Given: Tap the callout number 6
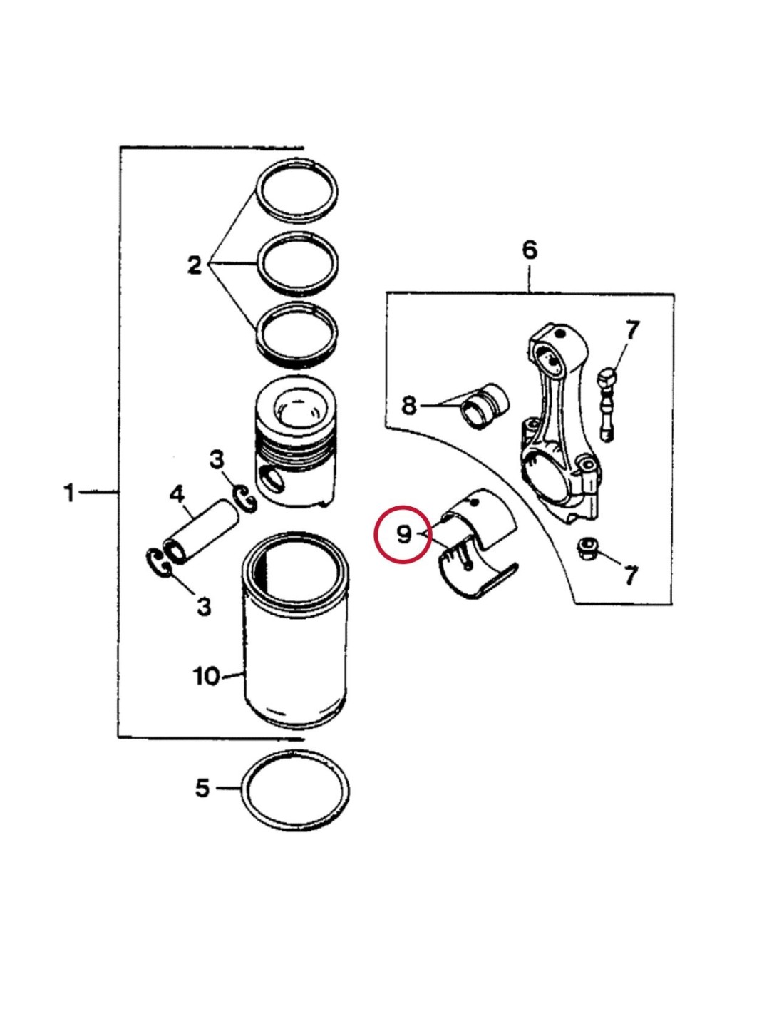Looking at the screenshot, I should point(529,250).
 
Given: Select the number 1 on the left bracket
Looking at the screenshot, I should point(69,492).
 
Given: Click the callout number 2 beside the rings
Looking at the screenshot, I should point(195,265).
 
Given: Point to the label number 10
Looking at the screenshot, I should point(207,675).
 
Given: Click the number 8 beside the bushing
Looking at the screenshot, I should point(408,406).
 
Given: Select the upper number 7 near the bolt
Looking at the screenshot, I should point(632,330).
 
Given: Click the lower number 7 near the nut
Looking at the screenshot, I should point(631,575).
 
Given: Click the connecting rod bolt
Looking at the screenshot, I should point(607,404).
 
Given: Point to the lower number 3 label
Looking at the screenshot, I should point(204,606).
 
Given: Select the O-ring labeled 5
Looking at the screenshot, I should point(296,789).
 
